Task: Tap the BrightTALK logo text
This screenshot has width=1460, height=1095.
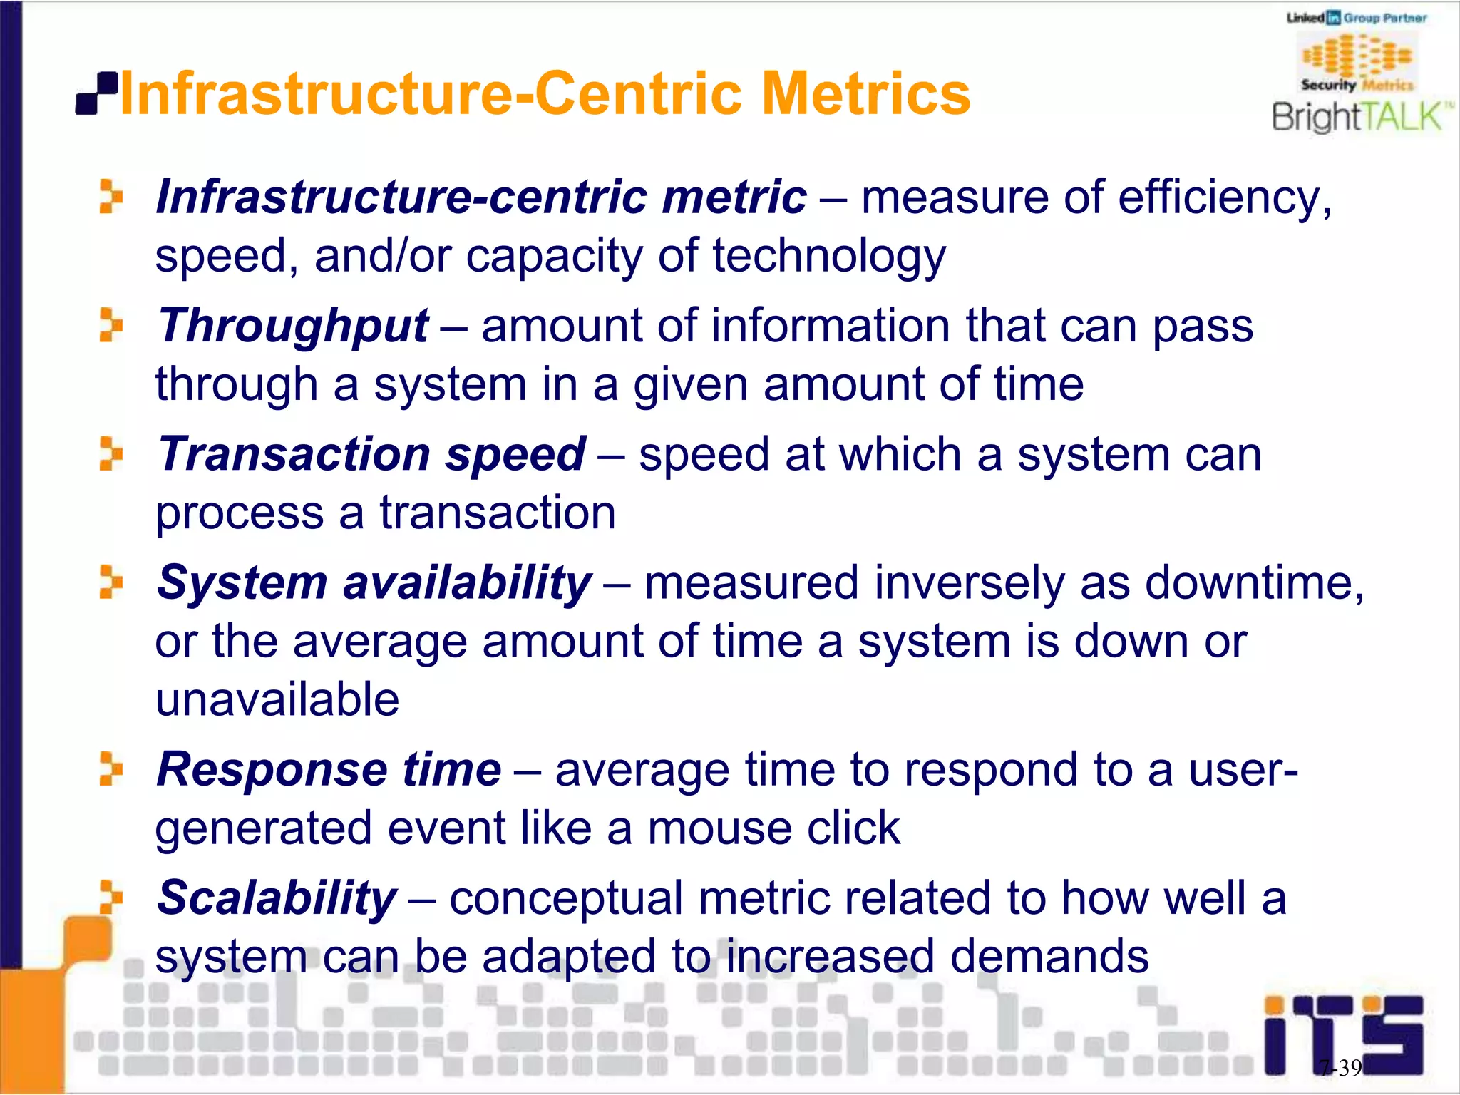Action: (1360, 117)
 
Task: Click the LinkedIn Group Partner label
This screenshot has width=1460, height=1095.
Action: (1356, 18)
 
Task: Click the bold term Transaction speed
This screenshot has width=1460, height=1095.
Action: (371, 455)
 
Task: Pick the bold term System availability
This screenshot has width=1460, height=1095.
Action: (374, 583)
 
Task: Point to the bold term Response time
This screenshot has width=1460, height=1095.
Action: (329, 770)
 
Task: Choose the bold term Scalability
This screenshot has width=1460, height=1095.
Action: (277, 898)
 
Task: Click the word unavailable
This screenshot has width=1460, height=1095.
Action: (277, 700)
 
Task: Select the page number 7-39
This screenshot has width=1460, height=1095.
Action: (1340, 1068)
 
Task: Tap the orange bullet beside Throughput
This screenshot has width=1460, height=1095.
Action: (110, 325)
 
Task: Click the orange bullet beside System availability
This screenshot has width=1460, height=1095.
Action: (110, 582)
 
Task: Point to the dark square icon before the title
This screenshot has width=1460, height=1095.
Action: (96, 94)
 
